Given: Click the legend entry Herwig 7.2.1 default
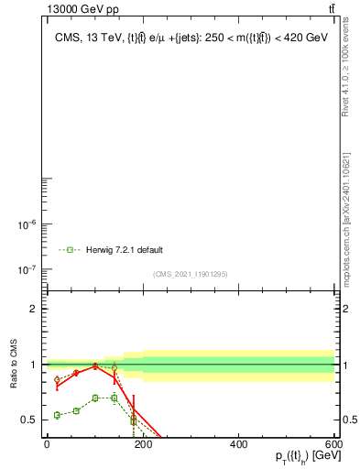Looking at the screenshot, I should (125, 249).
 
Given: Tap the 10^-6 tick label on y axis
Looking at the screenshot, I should (27, 224).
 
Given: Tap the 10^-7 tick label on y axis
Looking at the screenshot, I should (27, 269).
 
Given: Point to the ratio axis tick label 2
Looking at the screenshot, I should (33, 309).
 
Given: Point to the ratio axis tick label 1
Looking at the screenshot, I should (33, 365).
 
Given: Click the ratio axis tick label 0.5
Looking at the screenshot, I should (28, 420).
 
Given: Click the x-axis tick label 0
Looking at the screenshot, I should (47, 444).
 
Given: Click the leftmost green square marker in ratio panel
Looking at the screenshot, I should (58, 415).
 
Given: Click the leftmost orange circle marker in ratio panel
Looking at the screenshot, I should (58, 379).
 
